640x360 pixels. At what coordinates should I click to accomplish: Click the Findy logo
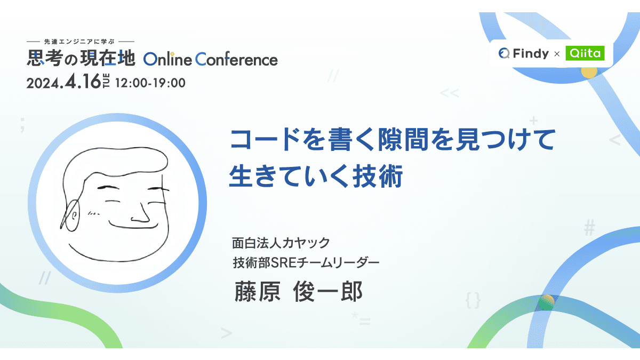click(x=524, y=53)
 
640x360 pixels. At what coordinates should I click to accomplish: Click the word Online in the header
click(x=167, y=59)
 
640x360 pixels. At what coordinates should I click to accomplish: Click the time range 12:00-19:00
click(x=150, y=83)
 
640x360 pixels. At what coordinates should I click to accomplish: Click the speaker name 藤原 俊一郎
click(x=298, y=292)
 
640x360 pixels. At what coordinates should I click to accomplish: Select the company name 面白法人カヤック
click(x=281, y=243)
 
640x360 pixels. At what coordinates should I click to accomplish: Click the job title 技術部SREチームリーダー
click(x=306, y=262)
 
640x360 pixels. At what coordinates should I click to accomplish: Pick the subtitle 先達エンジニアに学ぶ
click(x=81, y=42)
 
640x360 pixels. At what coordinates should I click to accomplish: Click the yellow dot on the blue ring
click(x=588, y=72)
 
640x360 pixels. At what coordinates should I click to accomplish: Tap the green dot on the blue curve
click(x=547, y=302)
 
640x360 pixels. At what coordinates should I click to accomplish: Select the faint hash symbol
click(x=589, y=229)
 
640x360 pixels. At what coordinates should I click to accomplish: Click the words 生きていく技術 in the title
click(x=315, y=177)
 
